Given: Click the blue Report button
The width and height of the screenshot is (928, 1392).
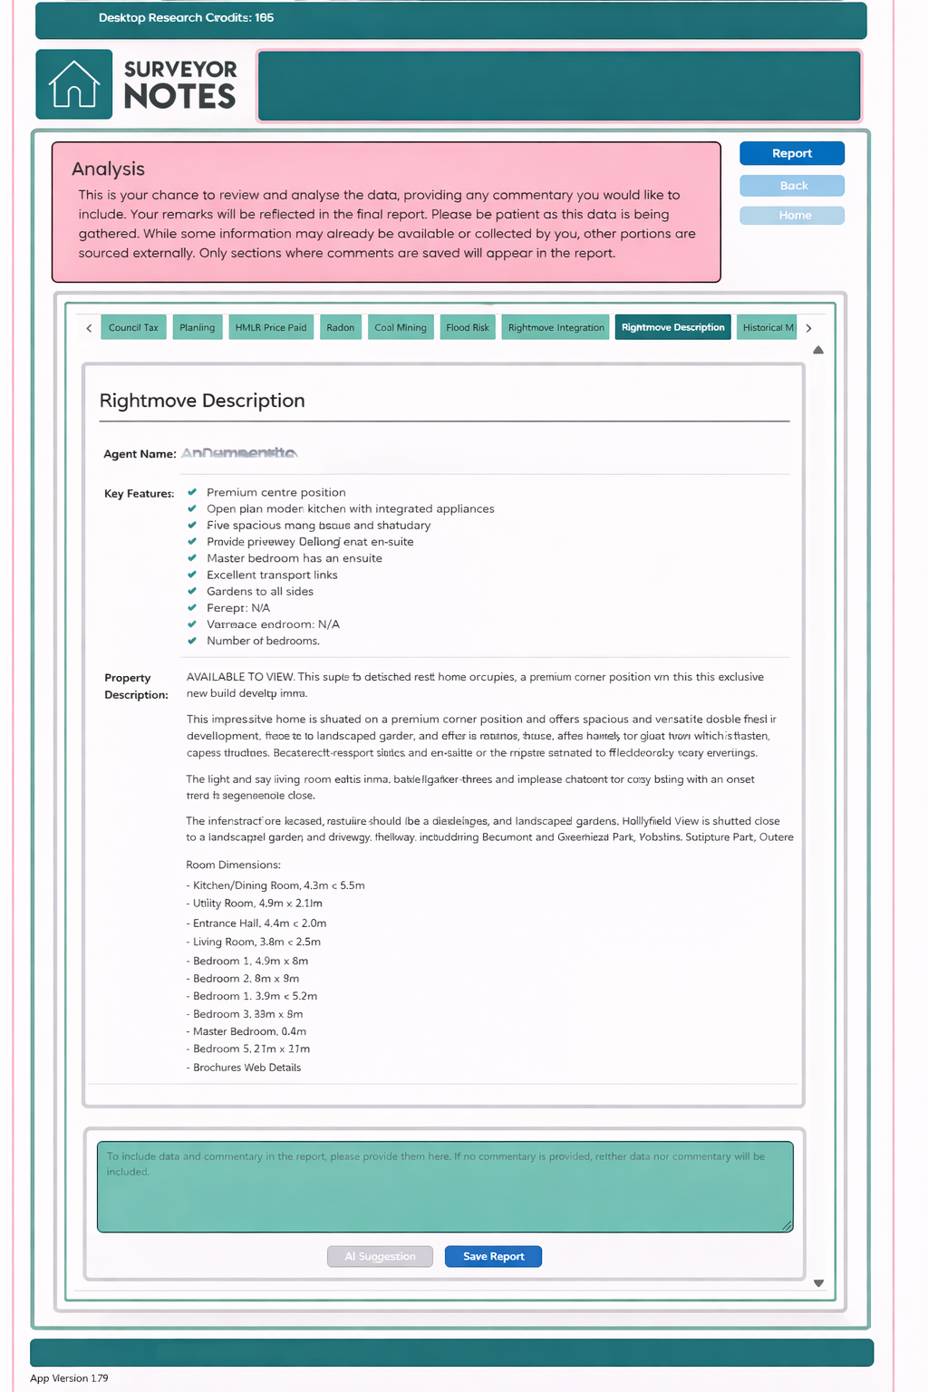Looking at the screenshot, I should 791,153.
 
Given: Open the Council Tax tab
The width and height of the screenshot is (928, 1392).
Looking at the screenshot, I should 133,327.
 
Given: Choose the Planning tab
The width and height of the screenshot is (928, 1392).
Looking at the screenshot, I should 197,327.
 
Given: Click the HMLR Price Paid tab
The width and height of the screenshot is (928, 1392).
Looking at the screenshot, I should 271,327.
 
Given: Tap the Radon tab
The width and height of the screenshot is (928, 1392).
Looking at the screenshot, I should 341,327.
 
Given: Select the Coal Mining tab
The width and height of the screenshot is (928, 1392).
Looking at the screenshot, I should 401,327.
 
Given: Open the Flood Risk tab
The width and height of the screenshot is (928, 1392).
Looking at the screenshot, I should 468,327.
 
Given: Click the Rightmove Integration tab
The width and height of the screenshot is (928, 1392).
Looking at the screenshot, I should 556,327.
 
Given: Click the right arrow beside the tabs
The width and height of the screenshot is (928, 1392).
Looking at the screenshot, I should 808,328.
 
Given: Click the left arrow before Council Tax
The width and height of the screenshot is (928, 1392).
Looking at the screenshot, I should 89,328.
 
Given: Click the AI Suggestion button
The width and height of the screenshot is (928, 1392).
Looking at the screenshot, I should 380,1256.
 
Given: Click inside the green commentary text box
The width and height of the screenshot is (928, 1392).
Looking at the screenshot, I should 445,1194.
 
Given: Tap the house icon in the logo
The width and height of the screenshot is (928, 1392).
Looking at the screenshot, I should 73,84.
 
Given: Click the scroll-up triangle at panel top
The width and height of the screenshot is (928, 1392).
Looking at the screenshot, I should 818,350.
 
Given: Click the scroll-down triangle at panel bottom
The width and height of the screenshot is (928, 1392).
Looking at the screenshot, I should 818,1283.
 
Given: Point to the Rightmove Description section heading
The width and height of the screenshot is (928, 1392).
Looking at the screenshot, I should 202,401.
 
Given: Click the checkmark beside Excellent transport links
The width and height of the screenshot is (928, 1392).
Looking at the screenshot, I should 192,575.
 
